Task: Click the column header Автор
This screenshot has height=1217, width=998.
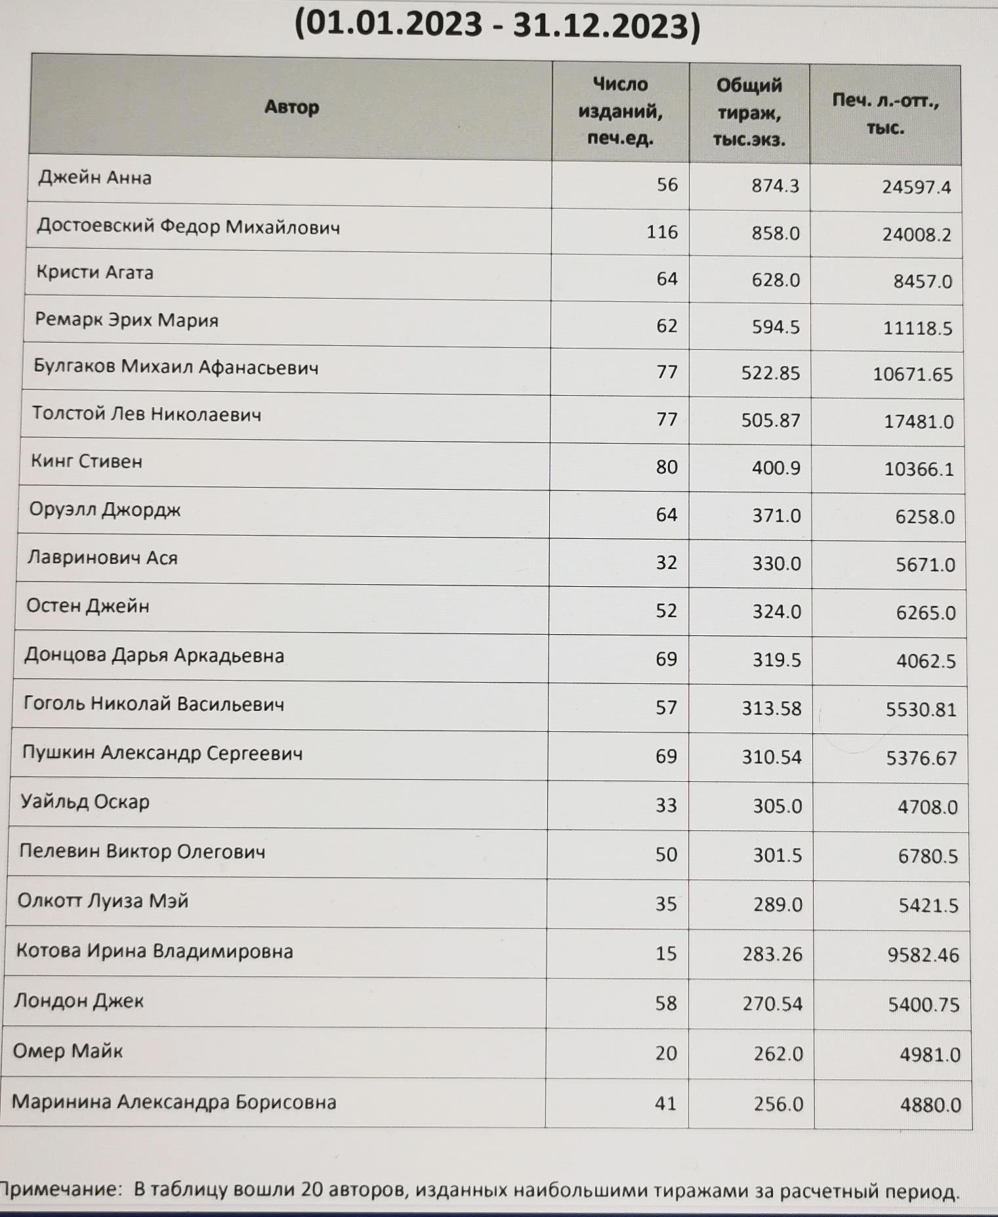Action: pyautogui.click(x=291, y=107)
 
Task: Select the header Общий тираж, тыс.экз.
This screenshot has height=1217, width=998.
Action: pyautogui.click(x=749, y=112)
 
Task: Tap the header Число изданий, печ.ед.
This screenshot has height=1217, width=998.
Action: pyautogui.click(x=620, y=111)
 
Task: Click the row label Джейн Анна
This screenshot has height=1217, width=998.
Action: pyautogui.click(x=94, y=178)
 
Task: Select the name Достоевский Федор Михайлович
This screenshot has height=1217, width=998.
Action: pyautogui.click(x=188, y=227)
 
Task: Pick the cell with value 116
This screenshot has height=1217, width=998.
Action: pyautogui.click(x=661, y=232)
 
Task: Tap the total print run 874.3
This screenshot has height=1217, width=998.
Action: pyautogui.click(x=775, y=186)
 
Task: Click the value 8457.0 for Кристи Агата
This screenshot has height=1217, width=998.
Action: pyautogui.click(x=922, y=281)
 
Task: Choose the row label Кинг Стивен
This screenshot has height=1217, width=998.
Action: pyautogui.click(x=87, y=461)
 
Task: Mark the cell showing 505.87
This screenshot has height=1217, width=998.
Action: pyautogui.click(x=770, y=420)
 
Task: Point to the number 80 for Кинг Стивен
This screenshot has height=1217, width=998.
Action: pyautogui.click(x=666, y=467)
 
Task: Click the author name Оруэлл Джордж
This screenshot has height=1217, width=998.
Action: pyautogui.click(x=105, y=509)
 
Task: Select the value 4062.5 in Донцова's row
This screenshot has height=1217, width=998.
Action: pyautogui.click(x=926, y=660)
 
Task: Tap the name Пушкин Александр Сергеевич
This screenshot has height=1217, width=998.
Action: pyautogui.click(x=162, y=753)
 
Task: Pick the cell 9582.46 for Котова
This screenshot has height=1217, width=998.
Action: pyautogui.click(x=923, y=955)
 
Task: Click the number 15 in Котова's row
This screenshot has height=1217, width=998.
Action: pyautogui.click(x=665, y=953)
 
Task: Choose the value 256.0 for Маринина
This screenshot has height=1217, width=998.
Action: pyautogui.click(x=778, y=1104)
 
